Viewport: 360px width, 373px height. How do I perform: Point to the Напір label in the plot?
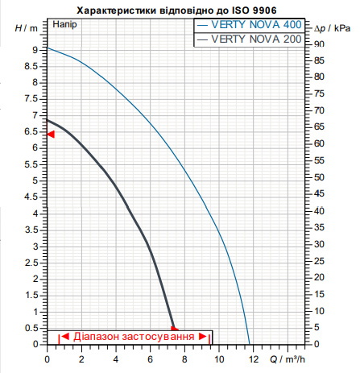(x=64, y=25)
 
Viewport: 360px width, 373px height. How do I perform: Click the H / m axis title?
(x=27, y=28)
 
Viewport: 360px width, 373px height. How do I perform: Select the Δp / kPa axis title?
(x=333, y=28)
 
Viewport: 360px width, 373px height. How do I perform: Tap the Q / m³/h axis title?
(x=288, y=359)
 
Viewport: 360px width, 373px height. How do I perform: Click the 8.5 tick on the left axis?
(x=31, y=66)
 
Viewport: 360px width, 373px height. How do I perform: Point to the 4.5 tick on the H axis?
(x=31, y=197)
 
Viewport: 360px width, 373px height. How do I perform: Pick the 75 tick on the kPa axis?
(x=319, y=93)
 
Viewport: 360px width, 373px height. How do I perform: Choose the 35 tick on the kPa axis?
(x=319, y=227)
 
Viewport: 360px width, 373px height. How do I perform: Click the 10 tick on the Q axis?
(x=219, y=359)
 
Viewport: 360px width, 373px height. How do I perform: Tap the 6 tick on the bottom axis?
(x=150, y=359)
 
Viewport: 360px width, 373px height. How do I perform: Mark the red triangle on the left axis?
(x=51, y=134)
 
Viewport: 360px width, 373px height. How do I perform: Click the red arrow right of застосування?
(x=203, y=337)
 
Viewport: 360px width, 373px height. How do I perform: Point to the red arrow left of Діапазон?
(x=65, y=336)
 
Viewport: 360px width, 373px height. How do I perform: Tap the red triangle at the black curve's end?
(x=175, y=329)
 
